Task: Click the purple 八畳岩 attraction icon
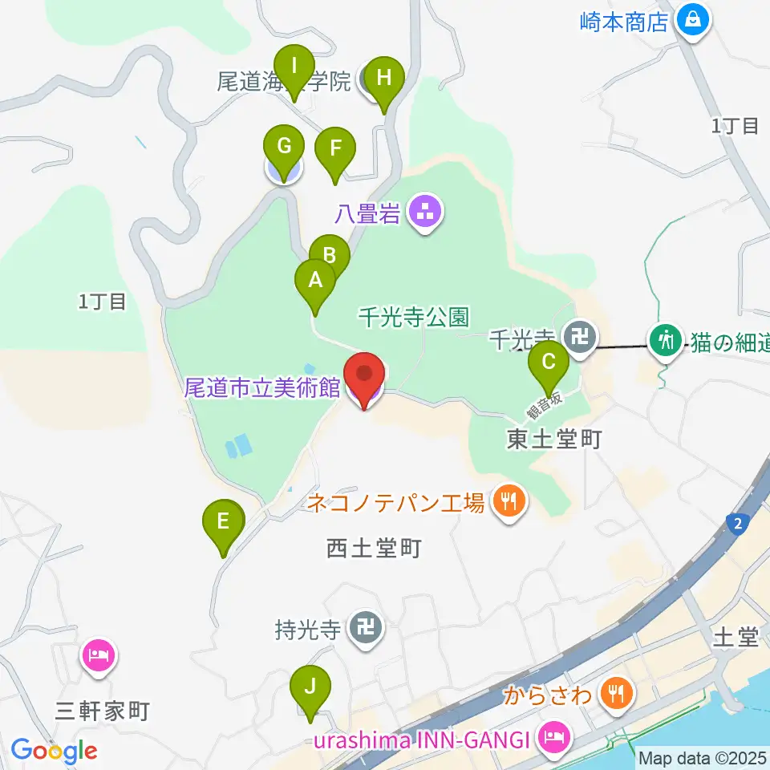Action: tap(424, 213)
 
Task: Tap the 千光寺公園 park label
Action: tap(413, 318)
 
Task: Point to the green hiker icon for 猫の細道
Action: tap(666, 340)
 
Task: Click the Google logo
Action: tap(55, 752)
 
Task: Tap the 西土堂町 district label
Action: tap(374, 549)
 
